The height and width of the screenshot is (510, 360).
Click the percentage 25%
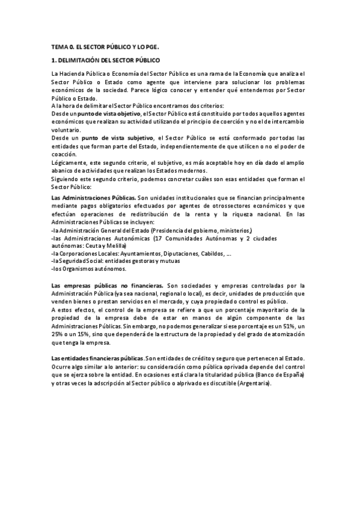[x=58, y=333]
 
